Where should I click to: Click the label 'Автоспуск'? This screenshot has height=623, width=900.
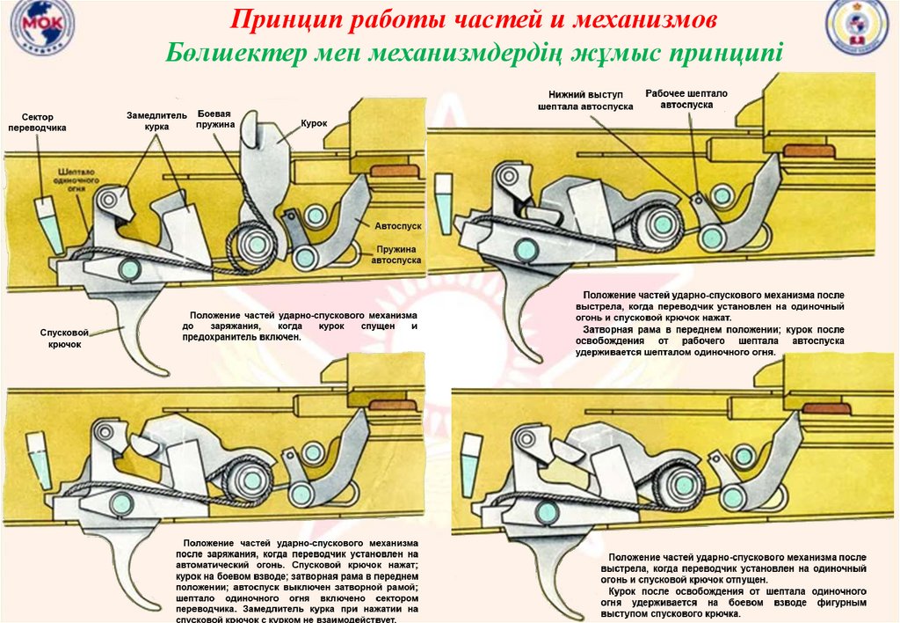[398, 226]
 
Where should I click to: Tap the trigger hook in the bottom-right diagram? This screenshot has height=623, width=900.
[554, 572]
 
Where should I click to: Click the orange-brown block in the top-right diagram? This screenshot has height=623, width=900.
[808, 150]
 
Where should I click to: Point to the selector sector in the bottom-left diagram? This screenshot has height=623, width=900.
[39, 451]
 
